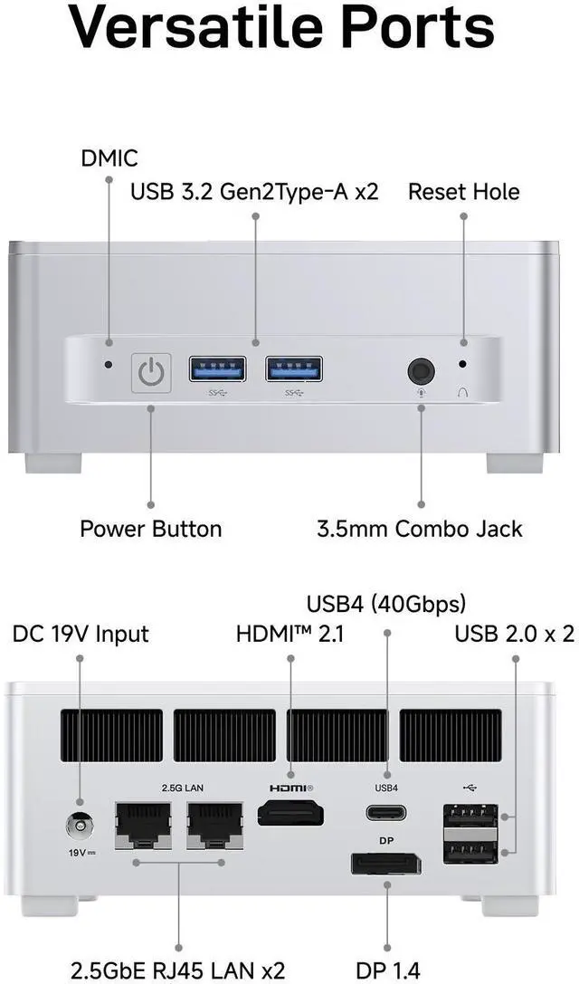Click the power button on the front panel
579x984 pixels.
point(151,372)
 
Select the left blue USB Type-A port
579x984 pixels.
point(217,368)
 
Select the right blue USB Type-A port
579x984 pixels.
point(293,368)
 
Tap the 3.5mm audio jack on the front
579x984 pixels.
point(421,371)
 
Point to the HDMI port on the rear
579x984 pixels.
point(291,812)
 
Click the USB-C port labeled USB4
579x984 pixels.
point(386,812)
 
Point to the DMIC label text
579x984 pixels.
point(109,159)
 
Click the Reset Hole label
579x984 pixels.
point(463,192)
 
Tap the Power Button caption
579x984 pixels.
point(150,529)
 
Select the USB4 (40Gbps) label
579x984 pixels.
point(386,603)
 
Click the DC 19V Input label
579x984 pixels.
point(81,634)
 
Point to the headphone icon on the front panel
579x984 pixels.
point(463,393)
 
